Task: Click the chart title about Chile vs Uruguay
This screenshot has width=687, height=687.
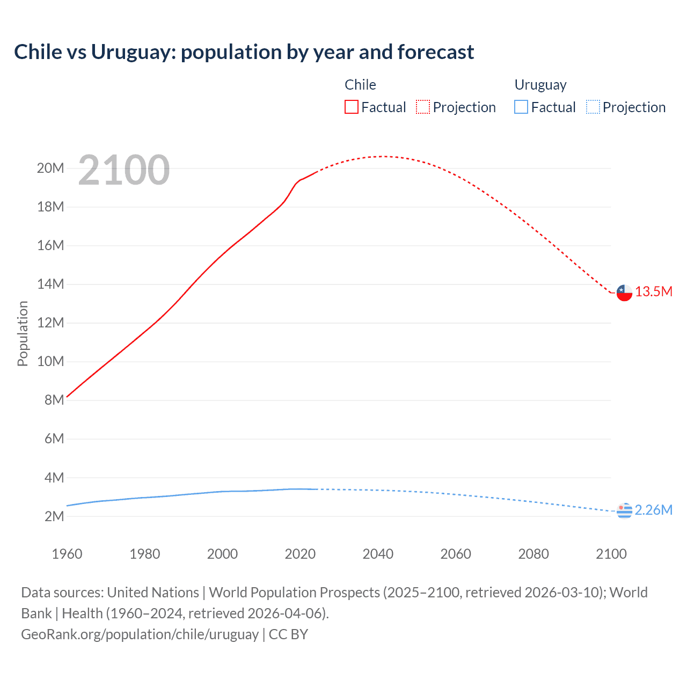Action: [244, 52]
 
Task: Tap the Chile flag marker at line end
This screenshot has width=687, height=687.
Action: [624, 293]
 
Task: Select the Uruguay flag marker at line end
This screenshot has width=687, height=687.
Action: [624, 511]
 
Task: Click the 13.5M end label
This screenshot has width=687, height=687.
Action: [654, 292]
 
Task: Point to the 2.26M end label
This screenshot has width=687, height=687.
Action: [654, 510]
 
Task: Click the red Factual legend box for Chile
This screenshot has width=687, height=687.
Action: [352, 107]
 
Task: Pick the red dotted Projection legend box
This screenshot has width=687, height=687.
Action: [423, 107]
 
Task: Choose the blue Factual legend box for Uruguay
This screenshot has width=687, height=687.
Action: [521, 107]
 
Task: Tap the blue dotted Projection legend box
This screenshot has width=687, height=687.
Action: [593, 107]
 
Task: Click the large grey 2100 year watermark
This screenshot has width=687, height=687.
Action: [124, 170]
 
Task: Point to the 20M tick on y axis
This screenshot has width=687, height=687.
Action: [50, 169]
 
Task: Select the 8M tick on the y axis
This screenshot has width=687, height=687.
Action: [54, 400]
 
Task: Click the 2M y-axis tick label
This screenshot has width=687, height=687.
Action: [54, 516]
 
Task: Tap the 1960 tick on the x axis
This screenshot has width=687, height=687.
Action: [67, 554]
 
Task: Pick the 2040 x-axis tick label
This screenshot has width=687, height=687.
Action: [378, 554]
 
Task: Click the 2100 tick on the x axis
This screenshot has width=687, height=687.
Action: [611, 554]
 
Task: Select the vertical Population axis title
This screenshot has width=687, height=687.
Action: [23, 333]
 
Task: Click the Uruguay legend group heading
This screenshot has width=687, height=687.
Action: [540, 85]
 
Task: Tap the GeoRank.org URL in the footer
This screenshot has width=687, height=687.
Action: [140, 634]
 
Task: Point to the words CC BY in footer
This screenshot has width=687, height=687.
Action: [288, 634]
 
